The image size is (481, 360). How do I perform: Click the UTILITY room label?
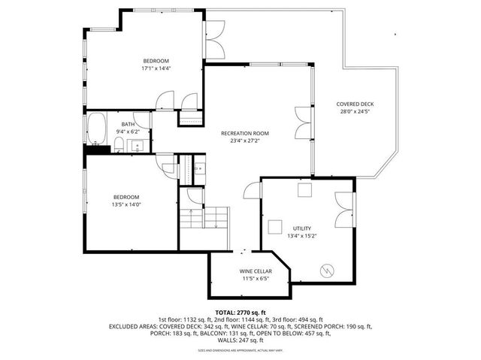coord(302,228)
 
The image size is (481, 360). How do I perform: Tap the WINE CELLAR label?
coord(256,271)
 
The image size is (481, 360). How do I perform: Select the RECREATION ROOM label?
coord(244,133)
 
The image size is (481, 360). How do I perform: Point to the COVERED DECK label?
coord(355,104)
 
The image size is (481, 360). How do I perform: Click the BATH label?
coord(129,125)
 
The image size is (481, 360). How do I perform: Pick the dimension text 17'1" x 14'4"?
coord(156,68)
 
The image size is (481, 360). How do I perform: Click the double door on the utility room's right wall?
coord(344,205)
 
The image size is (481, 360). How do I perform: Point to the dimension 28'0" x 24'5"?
coord(355,112)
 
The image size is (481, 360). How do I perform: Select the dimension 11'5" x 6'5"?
coord(256,278)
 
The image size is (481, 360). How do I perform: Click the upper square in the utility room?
coord(304,191)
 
